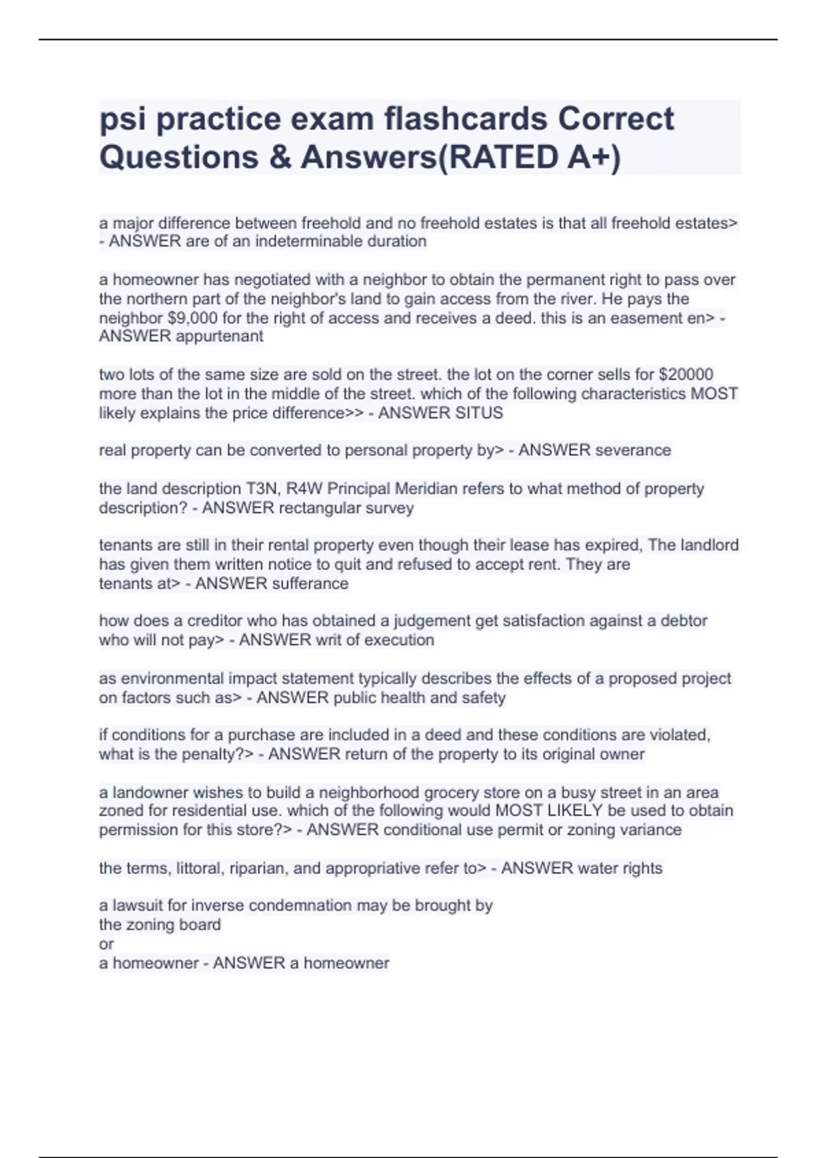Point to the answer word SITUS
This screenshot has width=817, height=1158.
pyautogui.click(x=481, y=413)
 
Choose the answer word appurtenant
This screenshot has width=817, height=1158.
pyautogui.click(x=219, y=336)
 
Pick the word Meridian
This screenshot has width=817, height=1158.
pyautogui.click(x=435, y=488)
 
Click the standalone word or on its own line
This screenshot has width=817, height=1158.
pyautogui.click(x=106, y=944)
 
